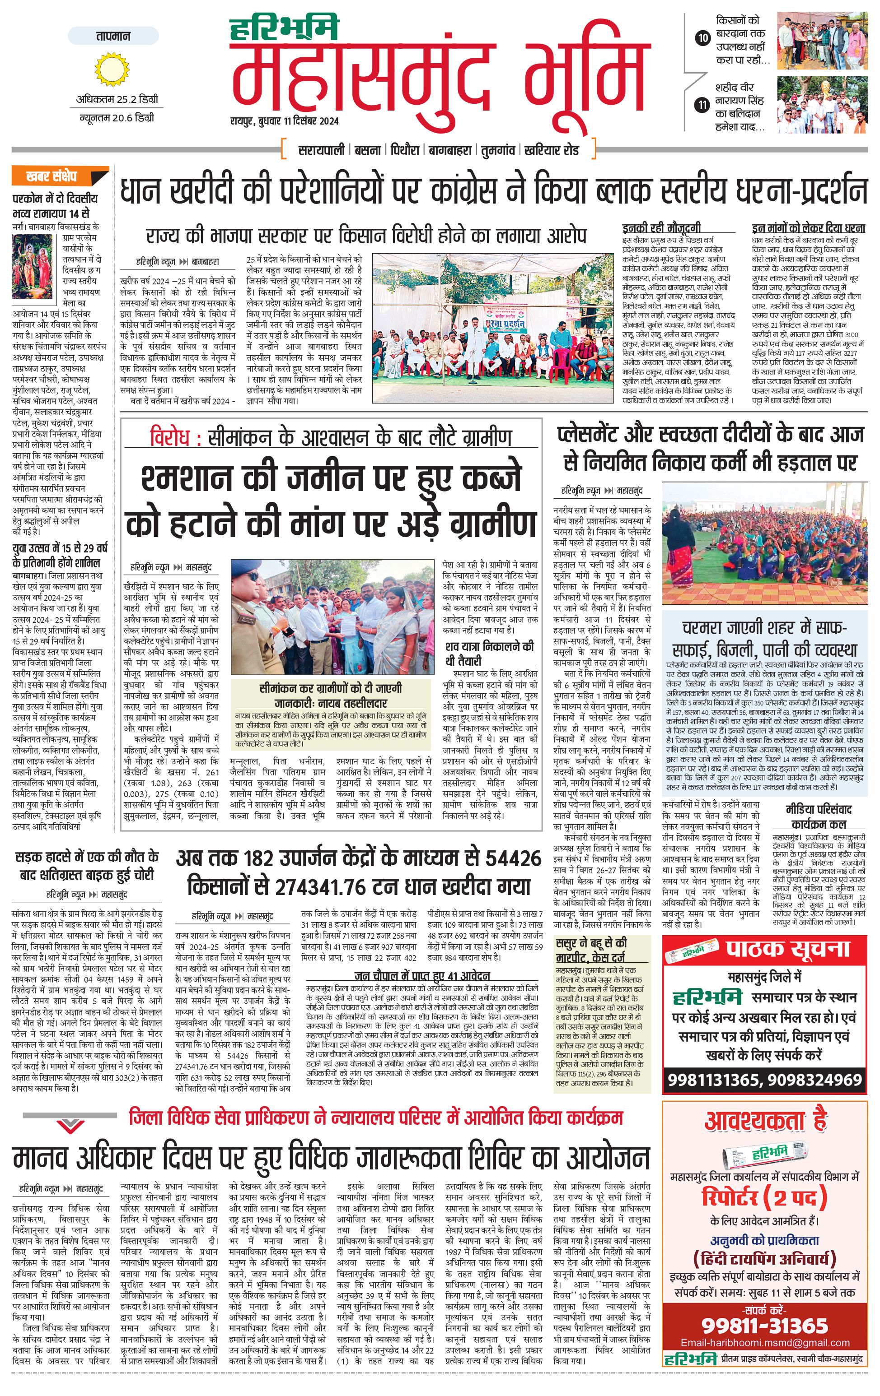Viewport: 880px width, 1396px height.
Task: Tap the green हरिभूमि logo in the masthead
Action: pyautogui.click(x=284, y=30)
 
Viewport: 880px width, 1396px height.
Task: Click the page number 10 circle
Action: pyautogui.click(x=702, y=39)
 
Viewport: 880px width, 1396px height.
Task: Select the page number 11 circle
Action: pyautogui.click(x=702, y=105)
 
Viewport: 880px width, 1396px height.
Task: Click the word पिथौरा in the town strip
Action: pyautogui.click(x=404, y=150)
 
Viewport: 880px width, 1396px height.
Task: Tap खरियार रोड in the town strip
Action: pyautogui.click(x=551, y=150)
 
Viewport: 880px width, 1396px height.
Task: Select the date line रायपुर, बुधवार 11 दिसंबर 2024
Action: pyautogui.click(x=284, y=121)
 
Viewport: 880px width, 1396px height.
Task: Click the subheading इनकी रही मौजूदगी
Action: pyautogui.click(x=661, y=228)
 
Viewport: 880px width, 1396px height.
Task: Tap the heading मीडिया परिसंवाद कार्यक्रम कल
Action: pyautogui.click(x=819, y=817)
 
